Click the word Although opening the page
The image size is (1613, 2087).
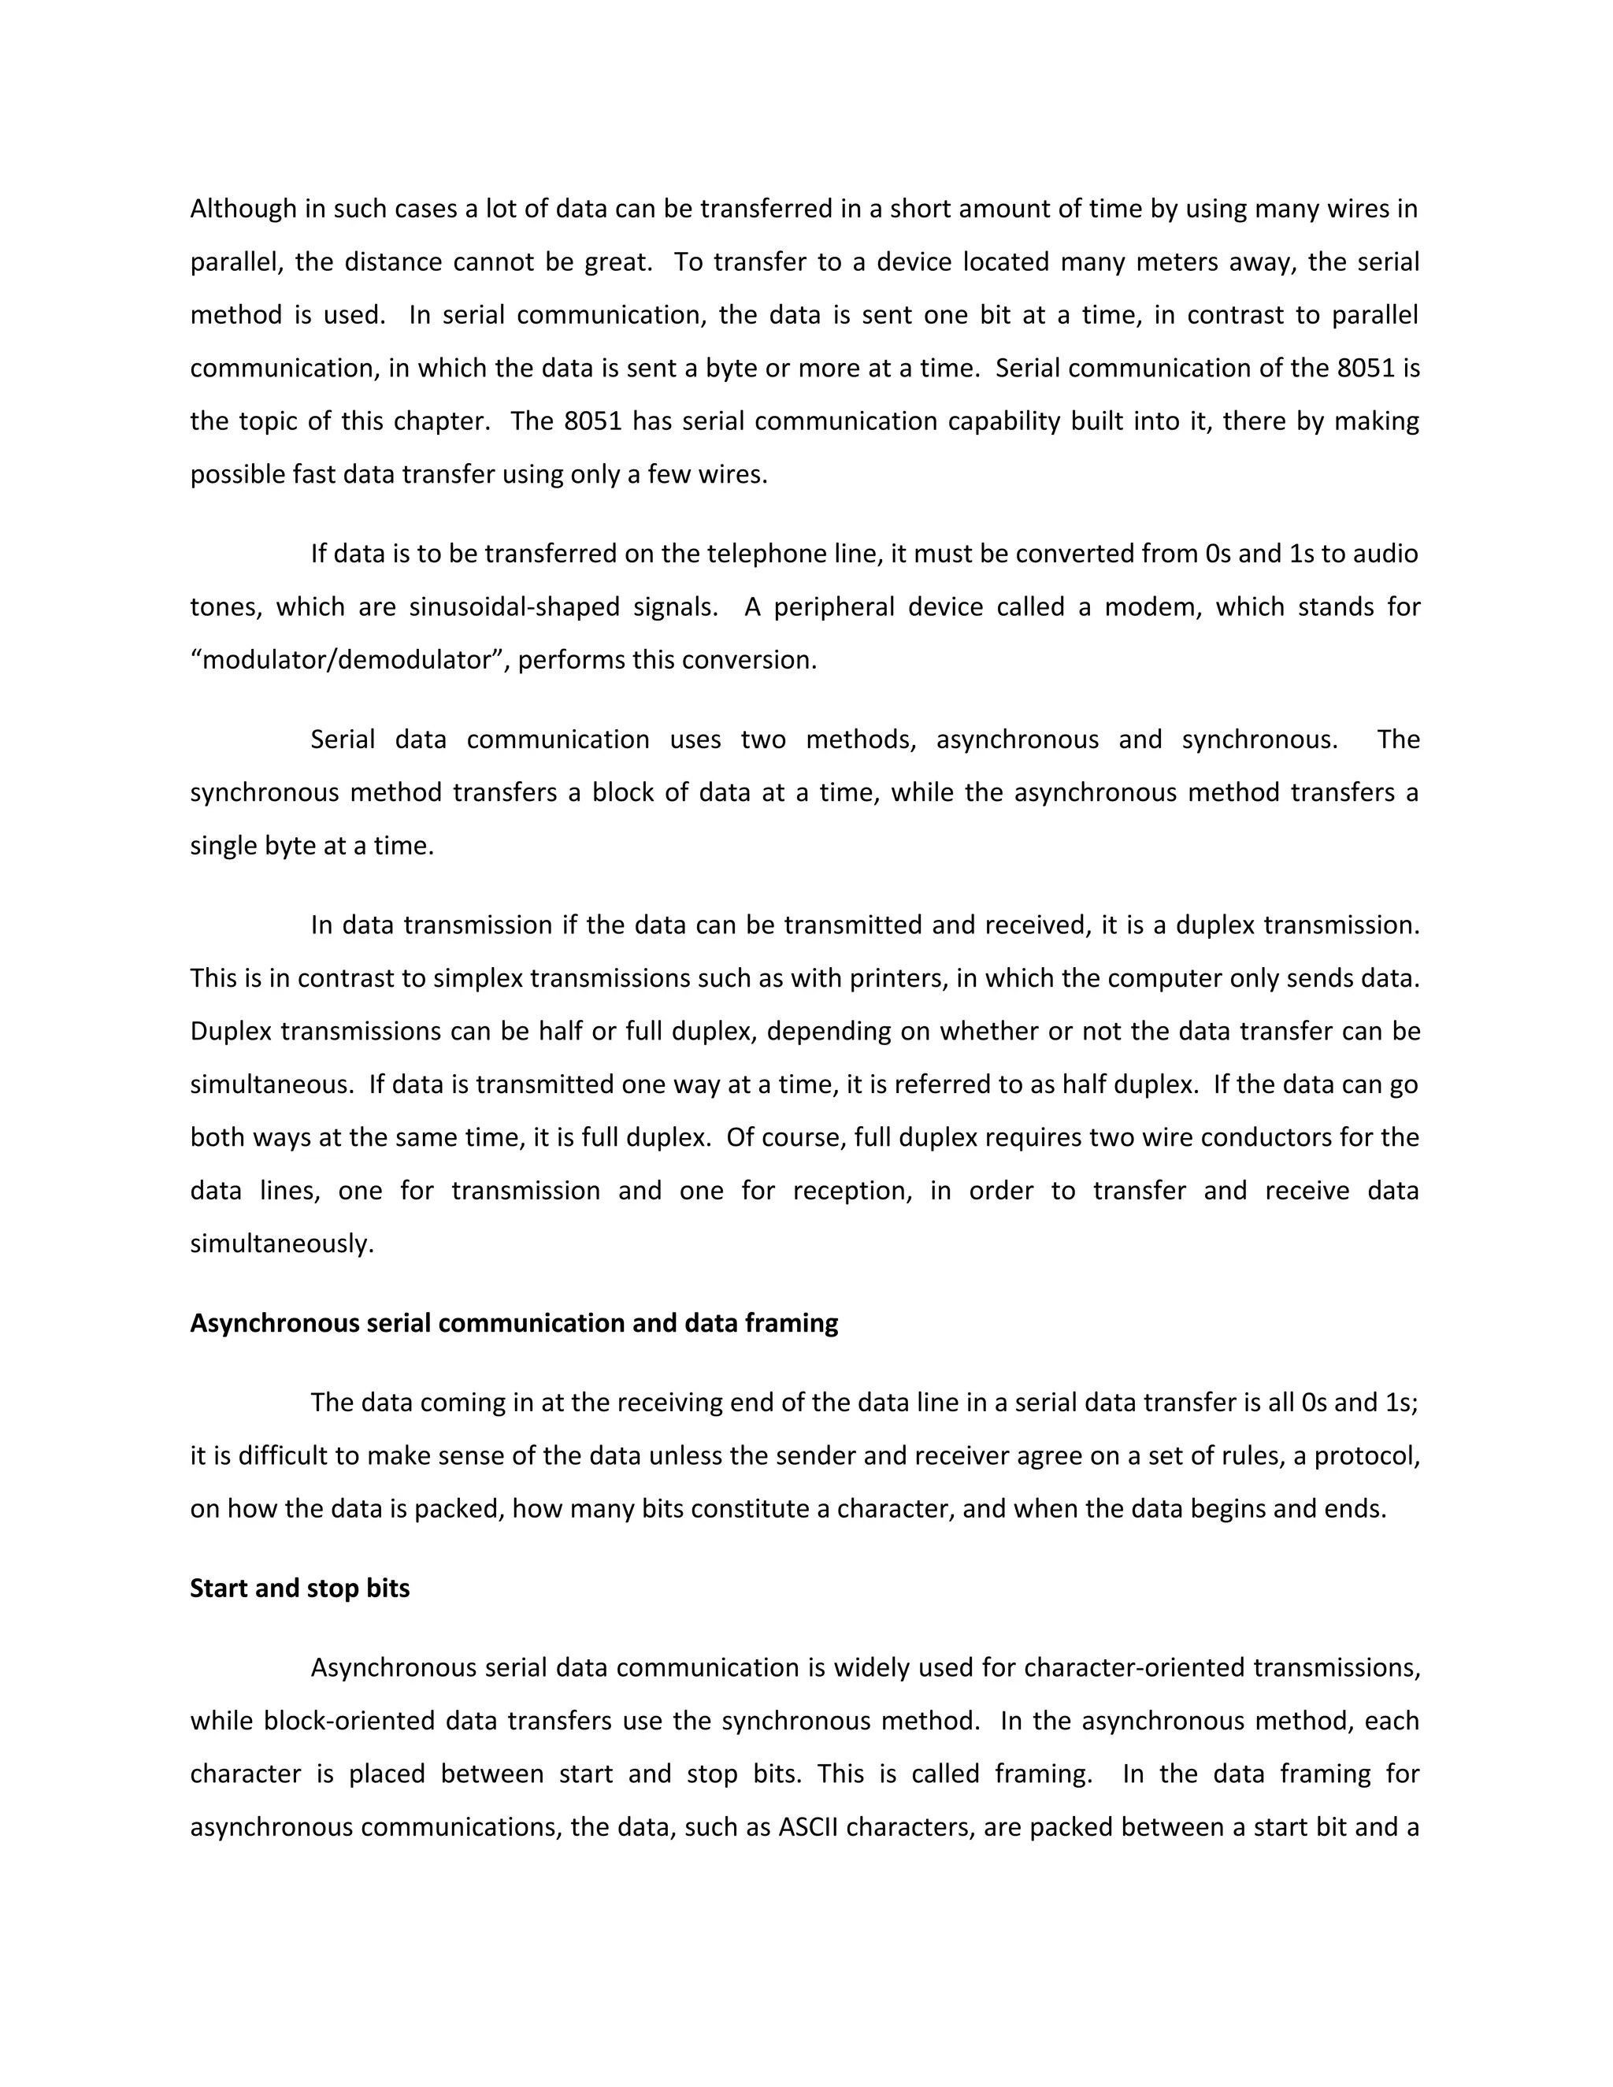point(243,209)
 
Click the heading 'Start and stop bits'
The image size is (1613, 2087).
point(299,1588)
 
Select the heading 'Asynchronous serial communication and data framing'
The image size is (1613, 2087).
point(514,1324)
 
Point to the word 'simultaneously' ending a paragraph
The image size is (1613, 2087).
point(281,1244)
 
